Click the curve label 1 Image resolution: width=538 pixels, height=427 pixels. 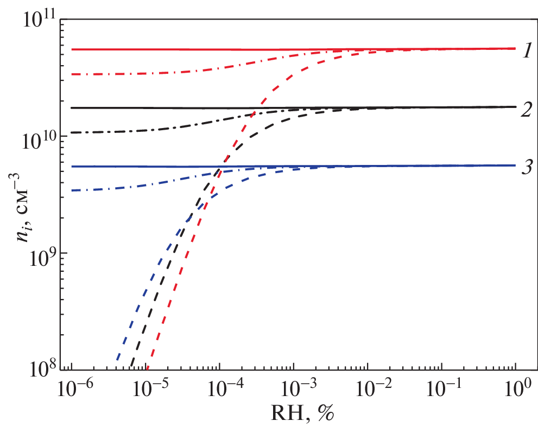(527, 51)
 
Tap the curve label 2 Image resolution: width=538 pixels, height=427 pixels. (526, 110)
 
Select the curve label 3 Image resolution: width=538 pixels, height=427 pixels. (526, 168)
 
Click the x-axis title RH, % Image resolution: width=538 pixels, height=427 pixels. (298, 415)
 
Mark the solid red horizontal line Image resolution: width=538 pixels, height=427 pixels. (163, 49)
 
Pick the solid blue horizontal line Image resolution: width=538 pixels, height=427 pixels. (136, 167)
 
